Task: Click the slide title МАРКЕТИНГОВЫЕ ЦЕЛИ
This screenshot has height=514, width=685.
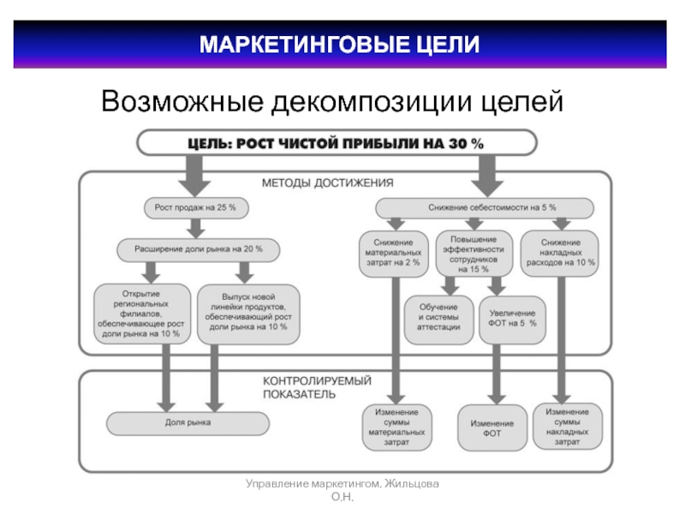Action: pos(339,44)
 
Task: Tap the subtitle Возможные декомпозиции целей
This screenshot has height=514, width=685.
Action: pos(332,102)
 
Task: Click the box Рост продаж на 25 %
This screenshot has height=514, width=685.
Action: pos(195,207)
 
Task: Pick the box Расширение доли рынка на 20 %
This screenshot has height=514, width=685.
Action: pos(199,248)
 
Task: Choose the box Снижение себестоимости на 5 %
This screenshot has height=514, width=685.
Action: pos(485,207)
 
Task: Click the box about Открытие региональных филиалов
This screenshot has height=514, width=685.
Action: pos(140,314)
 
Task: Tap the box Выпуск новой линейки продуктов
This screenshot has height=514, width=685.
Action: pos(248,314)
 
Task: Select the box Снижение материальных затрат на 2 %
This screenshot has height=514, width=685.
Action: pos(392,254)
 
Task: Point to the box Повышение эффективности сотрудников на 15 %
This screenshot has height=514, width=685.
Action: pos(474,254)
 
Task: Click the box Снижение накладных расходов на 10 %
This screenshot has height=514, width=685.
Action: pos(561,254)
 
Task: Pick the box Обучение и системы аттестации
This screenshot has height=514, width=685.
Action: pos(438,320)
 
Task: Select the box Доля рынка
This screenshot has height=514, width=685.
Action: pos(188,422)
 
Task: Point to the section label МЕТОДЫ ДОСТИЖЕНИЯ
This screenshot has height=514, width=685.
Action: pos(327,182)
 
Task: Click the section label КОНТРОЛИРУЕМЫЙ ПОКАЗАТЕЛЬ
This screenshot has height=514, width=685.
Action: pos(311,387)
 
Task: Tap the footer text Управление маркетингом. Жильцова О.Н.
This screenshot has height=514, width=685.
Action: pos(342,491)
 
